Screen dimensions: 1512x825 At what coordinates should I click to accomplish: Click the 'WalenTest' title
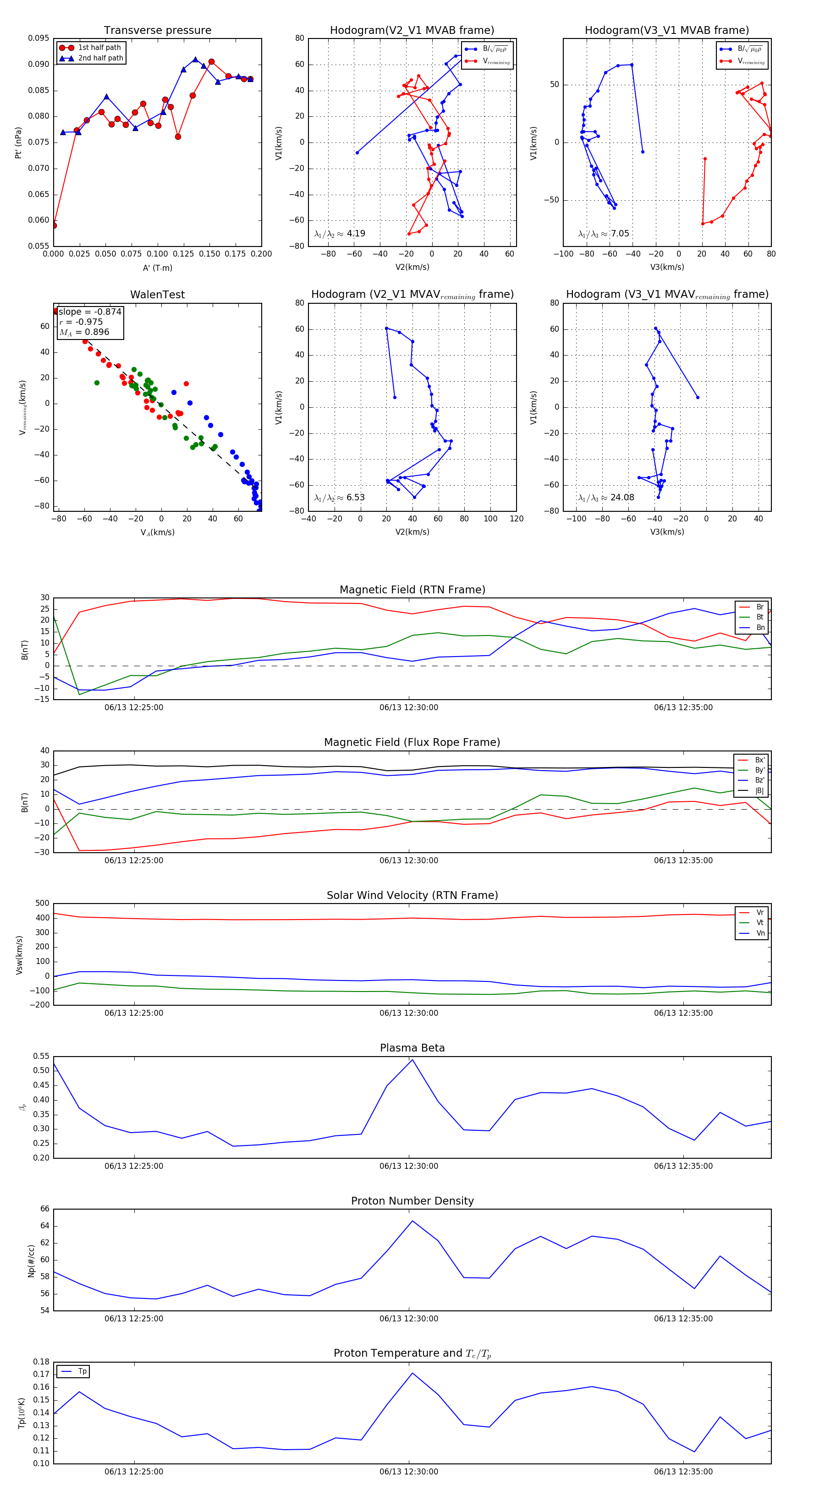coord(157,295)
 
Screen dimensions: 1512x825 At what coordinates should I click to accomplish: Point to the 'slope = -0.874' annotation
coord(90,312)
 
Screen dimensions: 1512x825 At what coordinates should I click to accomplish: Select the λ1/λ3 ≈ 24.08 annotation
coord(606,498)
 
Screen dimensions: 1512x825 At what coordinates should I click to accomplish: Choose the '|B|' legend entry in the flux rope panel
coord(759,791)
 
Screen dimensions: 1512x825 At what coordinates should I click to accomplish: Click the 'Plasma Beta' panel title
coord(412,1048)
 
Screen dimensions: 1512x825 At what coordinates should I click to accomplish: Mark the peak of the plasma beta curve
coord(412,1059)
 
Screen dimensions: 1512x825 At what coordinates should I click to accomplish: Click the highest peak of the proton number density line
coord(412,1221)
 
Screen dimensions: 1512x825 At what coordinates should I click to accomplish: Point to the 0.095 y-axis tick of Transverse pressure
coord(39,39)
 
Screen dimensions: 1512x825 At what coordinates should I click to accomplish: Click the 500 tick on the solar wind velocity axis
coord(42,904)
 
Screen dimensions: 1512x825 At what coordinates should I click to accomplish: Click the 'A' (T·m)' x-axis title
coord(157,268)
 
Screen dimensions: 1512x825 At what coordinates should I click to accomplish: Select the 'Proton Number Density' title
coord(412,1201)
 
